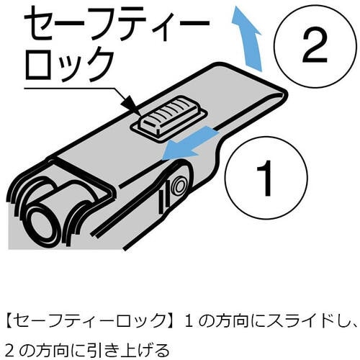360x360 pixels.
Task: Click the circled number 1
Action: click(x=266, y=179)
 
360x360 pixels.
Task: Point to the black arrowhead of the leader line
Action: click(x=130, y=104)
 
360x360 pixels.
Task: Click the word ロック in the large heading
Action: click(x=69, y=64)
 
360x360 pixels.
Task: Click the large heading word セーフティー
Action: click(x=117, y=25)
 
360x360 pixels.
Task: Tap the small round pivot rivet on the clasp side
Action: click(x=179, y=186)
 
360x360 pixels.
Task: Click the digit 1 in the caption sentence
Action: click(x=189, y=321)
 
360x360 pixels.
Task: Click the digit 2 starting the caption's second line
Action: click(x=10, y=350)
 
